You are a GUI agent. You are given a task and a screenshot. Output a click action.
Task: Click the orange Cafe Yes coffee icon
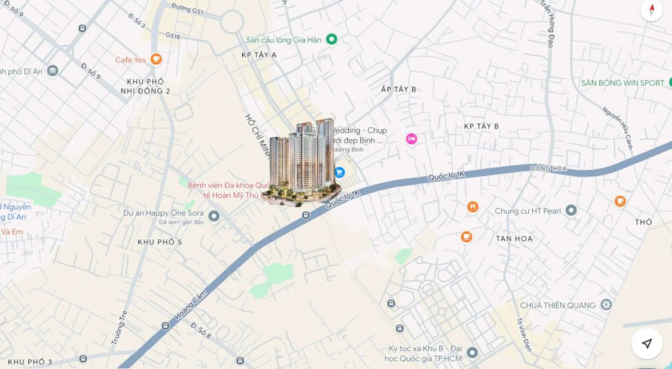click(156, 60)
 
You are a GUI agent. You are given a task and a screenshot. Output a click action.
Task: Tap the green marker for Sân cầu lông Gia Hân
click(331, 39)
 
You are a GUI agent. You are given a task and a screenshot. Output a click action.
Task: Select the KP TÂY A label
click(259, 56)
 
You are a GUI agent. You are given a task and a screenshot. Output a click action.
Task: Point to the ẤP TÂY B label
click(398, 89)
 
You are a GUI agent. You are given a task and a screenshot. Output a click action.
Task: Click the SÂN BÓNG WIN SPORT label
click(623, 83)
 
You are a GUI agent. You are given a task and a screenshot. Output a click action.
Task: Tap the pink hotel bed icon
click(411, 139)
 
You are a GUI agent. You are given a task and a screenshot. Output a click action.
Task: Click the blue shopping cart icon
click(339, 172)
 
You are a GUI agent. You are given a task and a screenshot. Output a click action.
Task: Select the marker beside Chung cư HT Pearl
click(571, 210)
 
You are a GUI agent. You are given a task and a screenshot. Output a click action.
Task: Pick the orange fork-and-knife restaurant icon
click(472, 207)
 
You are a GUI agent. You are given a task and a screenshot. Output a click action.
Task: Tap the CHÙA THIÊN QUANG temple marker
click(606, 305)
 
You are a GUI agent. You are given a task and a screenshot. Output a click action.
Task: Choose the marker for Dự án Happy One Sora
click(213, 216)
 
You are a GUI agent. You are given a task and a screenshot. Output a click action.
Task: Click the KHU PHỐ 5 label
click(159, 242)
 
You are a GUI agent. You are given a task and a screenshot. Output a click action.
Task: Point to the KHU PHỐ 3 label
click(30, 362)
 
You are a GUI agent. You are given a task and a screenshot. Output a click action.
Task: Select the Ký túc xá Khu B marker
click(472, 353)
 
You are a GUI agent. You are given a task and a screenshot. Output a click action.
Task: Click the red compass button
click(651, 10)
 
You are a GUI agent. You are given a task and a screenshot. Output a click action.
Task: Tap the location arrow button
click(646, 343)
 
